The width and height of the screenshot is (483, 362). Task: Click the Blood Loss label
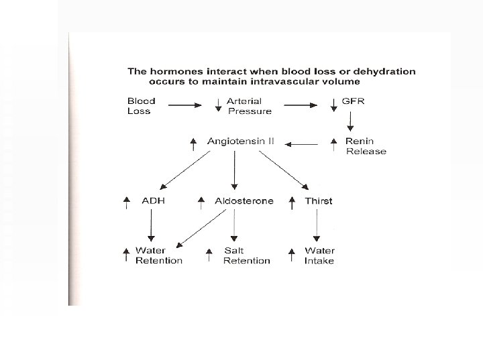142,106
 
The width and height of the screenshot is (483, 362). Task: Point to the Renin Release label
366,146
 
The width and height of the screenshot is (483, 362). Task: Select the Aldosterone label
244,201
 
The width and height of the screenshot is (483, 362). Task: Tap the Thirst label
318,201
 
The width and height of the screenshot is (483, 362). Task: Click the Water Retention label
158,255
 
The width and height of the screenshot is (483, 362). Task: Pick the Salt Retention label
246,255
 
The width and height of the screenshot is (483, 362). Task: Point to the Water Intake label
319,255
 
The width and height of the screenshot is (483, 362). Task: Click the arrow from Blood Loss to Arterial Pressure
182,105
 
